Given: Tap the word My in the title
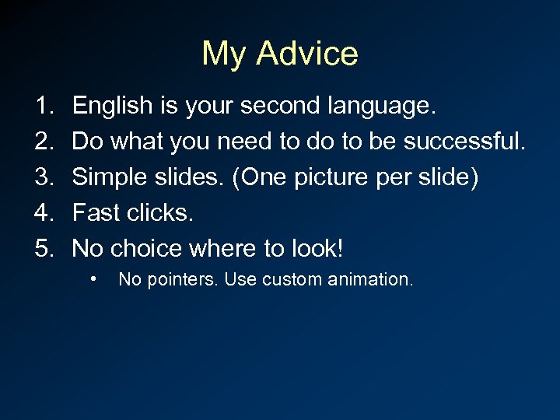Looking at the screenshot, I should [x=225, y=54].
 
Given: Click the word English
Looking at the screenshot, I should [x=114, y=107].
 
